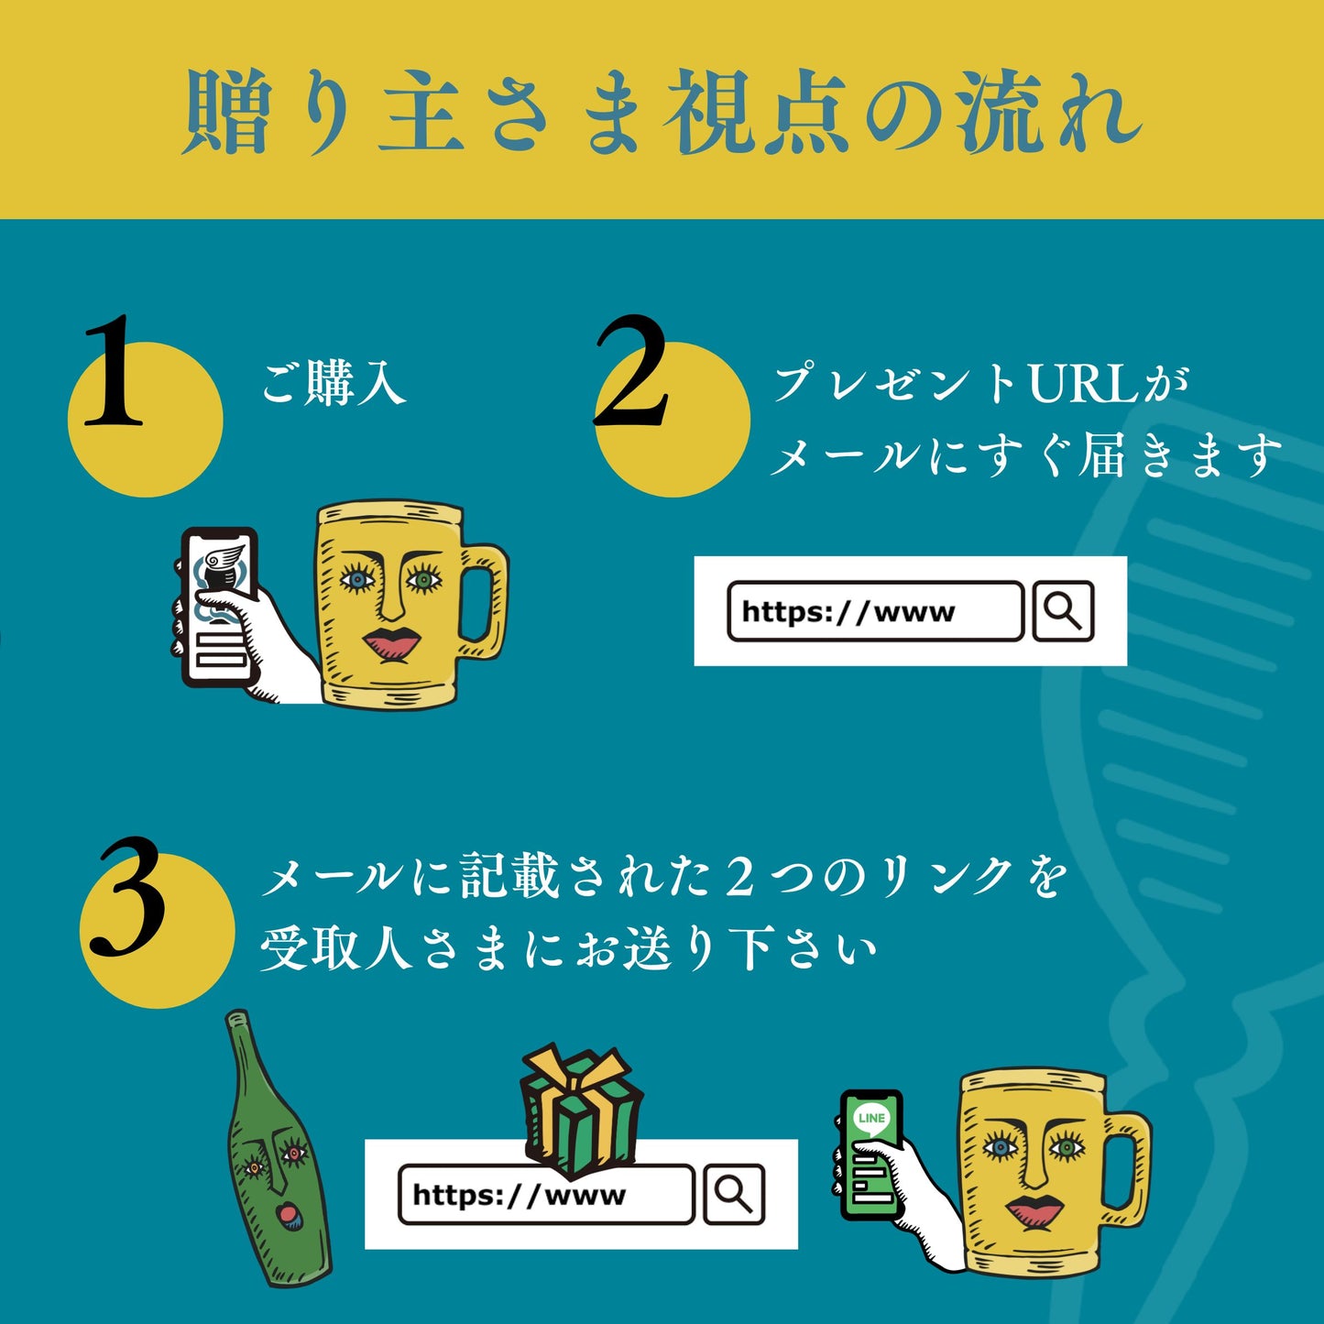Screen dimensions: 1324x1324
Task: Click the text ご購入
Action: click(334, 382)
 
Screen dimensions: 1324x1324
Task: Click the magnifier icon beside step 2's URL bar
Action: click(1063, 611)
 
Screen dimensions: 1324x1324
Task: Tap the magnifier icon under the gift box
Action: click(733, 1194)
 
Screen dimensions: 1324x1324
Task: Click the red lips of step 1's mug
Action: click(391, 643)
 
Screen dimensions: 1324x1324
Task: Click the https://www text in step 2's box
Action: click(848, 611)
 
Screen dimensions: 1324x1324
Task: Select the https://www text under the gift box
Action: click(519, 1195)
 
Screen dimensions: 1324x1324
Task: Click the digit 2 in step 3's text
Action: click(739, 877)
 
